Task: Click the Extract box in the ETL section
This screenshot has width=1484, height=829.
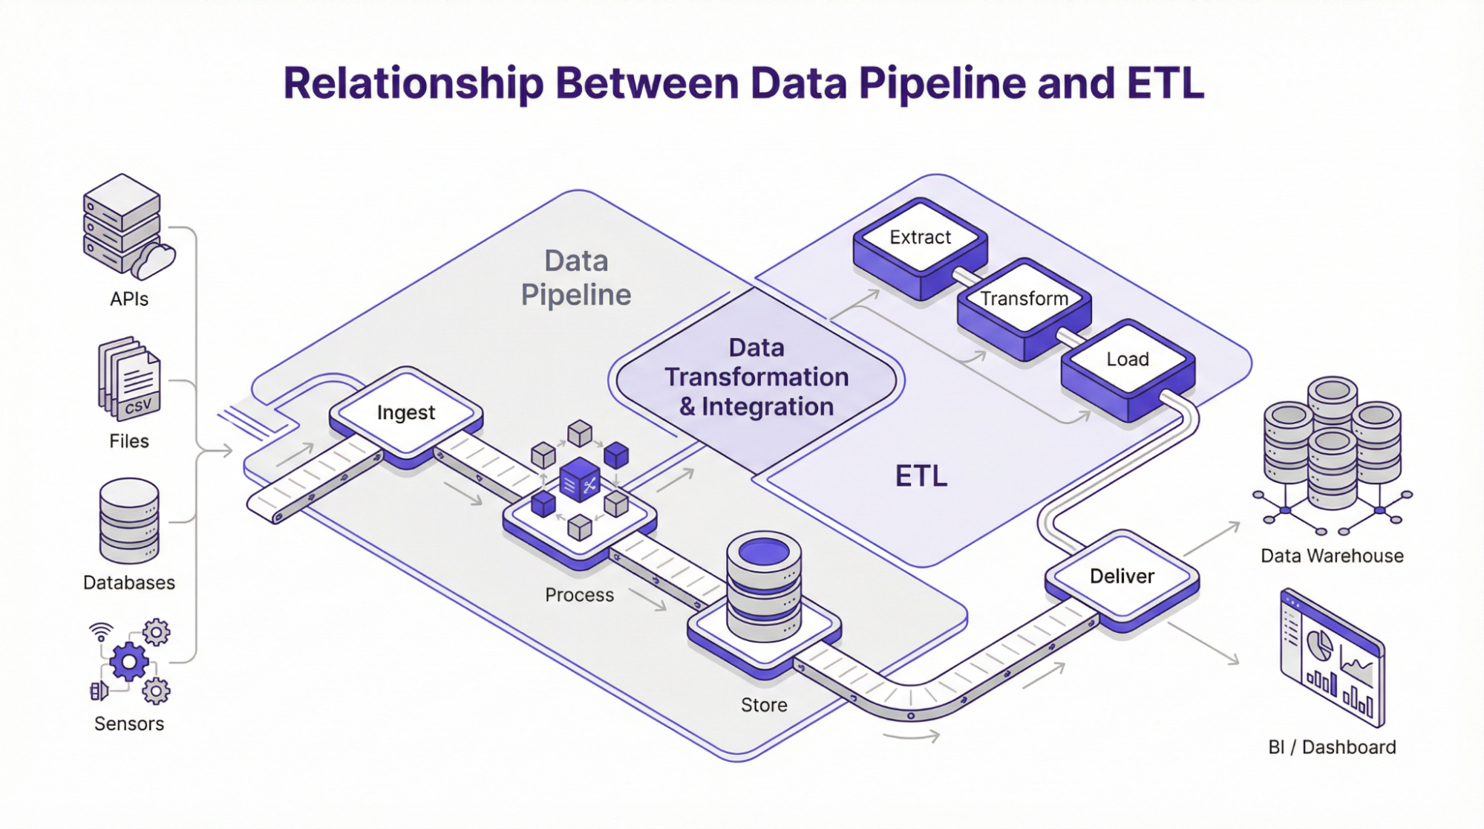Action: [920, 238]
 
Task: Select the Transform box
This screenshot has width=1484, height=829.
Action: [1024, 299]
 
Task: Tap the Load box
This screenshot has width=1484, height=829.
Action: [1128, 360]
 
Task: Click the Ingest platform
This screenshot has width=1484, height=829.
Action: [405, 413]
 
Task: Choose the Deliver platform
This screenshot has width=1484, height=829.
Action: [1122, 576]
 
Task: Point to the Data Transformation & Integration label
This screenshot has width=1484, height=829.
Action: [756, 377]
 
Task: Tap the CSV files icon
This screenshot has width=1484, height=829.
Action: [130, 380]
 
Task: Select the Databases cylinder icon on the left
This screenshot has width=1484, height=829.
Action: [129, 521]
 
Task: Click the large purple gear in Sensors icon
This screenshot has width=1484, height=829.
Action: [129, 661]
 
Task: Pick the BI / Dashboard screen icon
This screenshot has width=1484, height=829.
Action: [1333, 658]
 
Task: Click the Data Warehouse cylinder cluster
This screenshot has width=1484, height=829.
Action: [1333, 446]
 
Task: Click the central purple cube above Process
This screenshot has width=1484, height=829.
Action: [579, 480]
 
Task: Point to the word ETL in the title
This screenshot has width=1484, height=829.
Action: [1165, 83]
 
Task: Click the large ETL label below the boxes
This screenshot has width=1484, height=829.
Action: [921, 476]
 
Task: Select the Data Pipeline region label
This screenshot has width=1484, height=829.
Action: [576, 278]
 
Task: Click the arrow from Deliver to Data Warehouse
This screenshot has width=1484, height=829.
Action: [1212, 539]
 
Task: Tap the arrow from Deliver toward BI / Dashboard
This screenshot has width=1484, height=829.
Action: [1204, 643]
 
